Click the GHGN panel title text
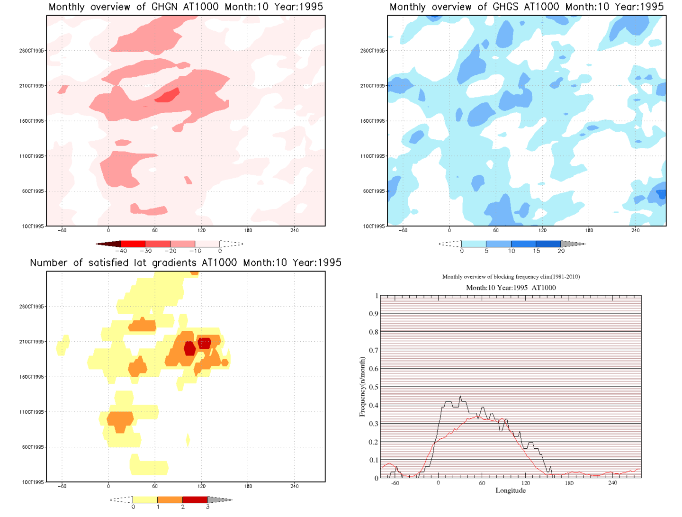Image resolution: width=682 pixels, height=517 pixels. coord(186,7)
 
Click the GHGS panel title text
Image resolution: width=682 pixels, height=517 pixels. coord(526,7)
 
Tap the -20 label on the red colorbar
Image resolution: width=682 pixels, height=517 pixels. coord(170,251)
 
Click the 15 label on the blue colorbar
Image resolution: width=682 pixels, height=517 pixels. coord(536,251)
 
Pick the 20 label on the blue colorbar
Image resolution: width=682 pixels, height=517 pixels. coord(561,251)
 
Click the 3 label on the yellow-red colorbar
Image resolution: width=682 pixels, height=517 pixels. coord(207,507)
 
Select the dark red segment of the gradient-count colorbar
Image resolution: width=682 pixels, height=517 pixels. coord(195,500)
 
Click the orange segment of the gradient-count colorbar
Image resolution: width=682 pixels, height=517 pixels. coord(170,500)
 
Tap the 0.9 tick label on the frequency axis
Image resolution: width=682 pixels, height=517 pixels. coord(374,314)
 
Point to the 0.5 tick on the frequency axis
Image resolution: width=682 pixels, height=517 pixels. coord(374,387)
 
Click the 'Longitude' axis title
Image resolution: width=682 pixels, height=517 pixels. coord(511,490)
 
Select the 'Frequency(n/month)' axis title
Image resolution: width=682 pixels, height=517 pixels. coord(362,387)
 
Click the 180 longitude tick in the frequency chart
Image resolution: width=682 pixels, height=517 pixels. coord(569,483)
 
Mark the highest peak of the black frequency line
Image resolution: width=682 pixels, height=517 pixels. coord(460,396)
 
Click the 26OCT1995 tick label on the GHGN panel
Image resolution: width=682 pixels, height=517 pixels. coord(32,51)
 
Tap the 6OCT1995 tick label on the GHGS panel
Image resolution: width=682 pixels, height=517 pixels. coord(374,191)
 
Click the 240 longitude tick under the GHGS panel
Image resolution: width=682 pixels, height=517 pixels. coord(635,230)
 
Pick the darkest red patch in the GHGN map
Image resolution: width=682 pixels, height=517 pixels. coord(168,96)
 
